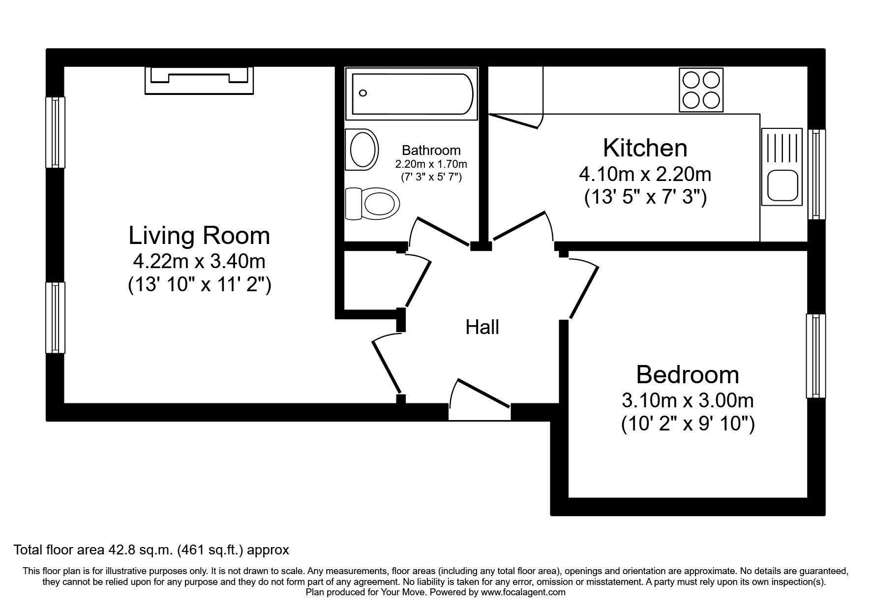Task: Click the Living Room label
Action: point(199,236)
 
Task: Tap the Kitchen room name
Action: point(645,148)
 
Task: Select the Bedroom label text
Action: point(687,375)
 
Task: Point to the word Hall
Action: point(482,327)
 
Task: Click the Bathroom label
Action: point(431,150)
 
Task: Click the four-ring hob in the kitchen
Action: point(701,89)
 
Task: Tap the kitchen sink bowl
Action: point(781,185)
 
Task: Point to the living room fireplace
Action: point(199,80)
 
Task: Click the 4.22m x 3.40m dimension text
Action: point(199,261)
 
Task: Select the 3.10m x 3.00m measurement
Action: point(687,400)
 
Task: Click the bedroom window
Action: point(815,356)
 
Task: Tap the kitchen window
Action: point(816,174)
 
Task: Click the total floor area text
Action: point(151,549)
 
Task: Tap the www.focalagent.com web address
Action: point(523,592)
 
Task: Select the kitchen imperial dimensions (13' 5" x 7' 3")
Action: point(645,197)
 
